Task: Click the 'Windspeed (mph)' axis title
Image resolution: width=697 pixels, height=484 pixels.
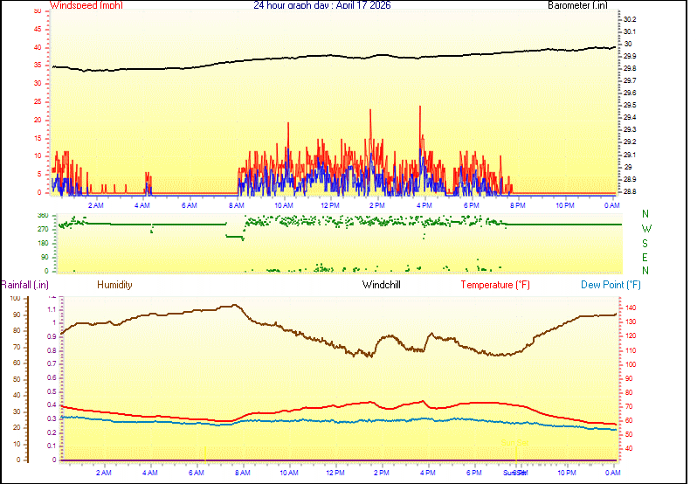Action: click(86, 5)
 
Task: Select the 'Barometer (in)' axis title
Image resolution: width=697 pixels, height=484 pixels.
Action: click(576, 5)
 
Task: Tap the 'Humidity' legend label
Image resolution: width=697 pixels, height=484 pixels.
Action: click(114, 285)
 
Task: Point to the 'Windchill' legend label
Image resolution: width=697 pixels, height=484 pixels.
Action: click(382, 285)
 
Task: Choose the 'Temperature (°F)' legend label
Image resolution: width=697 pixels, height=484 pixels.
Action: click(495, 285)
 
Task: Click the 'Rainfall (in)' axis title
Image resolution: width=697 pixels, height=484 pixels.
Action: click(24, 285)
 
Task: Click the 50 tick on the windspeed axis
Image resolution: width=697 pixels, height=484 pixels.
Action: click(36, 11)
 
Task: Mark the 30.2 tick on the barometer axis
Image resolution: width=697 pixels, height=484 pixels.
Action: click(630, 19)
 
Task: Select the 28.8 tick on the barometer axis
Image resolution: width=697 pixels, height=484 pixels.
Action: click(630, 191)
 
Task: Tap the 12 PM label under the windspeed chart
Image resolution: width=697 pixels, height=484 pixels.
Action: click(330, 205)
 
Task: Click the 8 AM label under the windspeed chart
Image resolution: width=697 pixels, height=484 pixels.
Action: click(236, 205)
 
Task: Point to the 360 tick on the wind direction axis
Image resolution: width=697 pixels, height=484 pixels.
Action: click(41, 215)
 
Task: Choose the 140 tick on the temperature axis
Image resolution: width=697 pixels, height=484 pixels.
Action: click(629, 308)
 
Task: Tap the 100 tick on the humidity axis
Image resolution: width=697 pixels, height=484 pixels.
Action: click(14, 298)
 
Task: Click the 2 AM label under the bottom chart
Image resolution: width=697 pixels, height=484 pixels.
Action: click(104, 473)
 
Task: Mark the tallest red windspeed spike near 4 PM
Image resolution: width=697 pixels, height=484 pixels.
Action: click(420, 107)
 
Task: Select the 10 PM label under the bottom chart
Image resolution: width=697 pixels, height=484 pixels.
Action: click(567, 473)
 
